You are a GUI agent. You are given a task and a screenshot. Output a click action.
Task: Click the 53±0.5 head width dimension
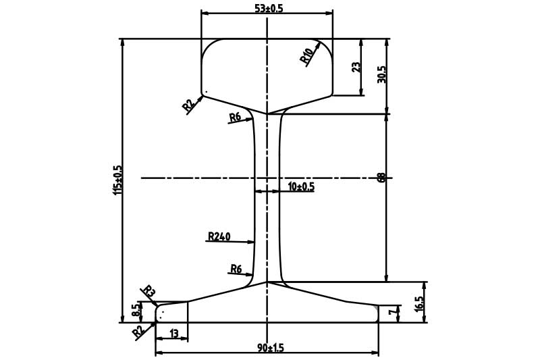click(269, 8)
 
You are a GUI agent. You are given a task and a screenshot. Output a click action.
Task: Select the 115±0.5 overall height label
click(117, 180)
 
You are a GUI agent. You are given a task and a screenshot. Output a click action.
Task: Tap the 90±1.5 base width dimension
click(271, 348)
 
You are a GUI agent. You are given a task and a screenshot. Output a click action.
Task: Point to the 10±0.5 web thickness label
click(301, 186)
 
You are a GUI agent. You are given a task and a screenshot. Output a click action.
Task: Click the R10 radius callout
click(307, 55)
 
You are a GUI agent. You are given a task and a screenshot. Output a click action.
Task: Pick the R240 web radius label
click(219, 236)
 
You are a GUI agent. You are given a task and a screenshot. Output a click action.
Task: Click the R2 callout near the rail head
click(188, 105)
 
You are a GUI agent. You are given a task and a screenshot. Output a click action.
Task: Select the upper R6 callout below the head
click(235, 118)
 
